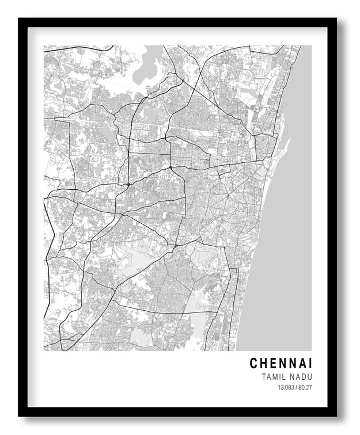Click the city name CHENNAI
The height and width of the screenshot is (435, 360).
coord(281,364)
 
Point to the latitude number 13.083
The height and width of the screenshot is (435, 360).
coord(284,387)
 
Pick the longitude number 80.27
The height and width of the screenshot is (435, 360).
coord(305,387)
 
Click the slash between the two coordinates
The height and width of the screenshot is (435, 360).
coord(295,387)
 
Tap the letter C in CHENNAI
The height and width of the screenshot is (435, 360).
coord(254,364)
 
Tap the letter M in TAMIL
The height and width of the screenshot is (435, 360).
coord(274,377)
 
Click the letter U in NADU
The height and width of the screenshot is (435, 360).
coord(309,377)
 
